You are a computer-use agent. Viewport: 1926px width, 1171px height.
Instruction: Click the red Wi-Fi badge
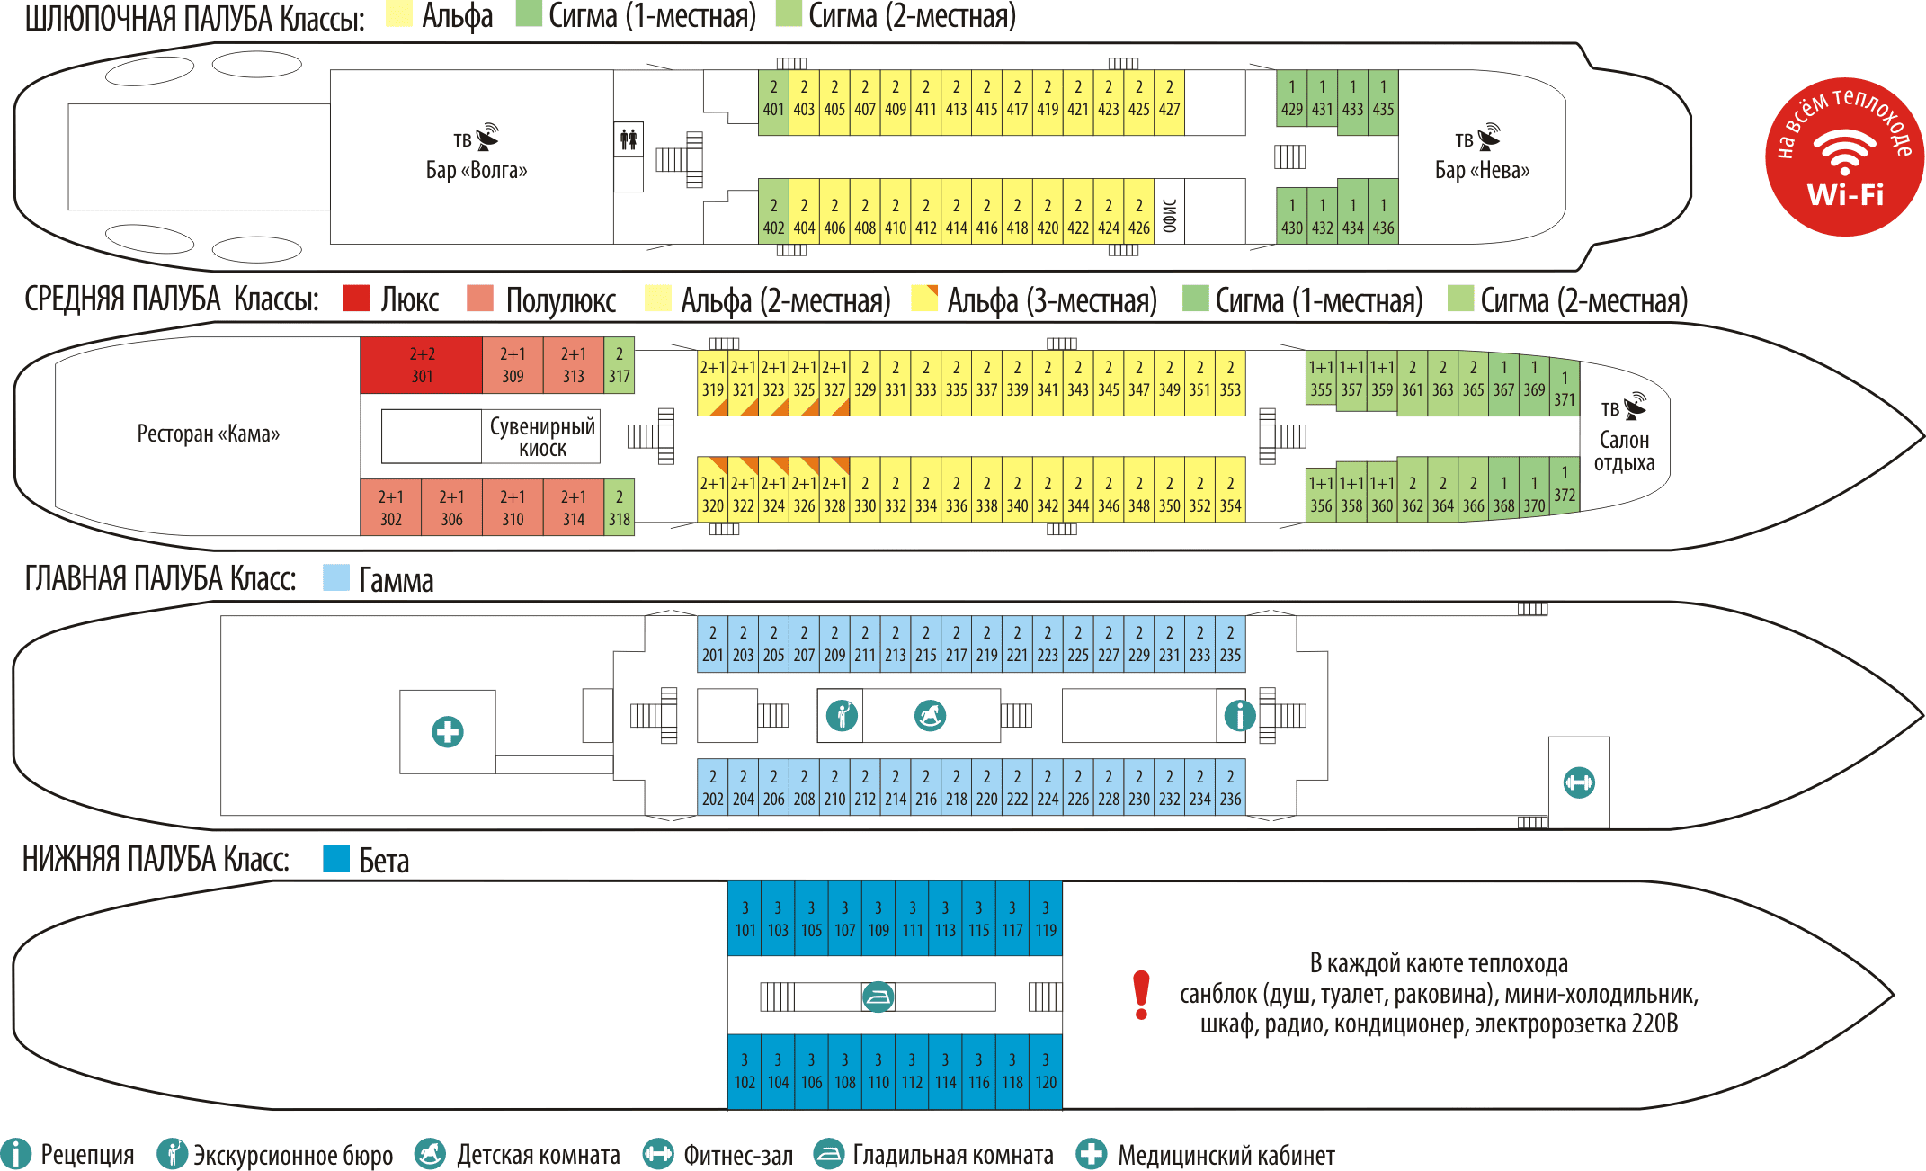(1844, 157)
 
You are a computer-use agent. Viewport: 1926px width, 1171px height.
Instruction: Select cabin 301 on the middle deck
(422, 365)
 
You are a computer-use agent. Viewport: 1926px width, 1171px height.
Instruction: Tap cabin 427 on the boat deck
(1169, 99)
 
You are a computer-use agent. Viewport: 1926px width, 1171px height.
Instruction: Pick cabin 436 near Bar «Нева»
(1383, 217)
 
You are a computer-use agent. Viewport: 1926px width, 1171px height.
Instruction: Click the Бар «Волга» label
(476, 170)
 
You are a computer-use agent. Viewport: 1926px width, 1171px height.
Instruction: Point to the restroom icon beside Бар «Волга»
(629, 139)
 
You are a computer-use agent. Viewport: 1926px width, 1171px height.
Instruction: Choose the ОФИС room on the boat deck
(1169, 216)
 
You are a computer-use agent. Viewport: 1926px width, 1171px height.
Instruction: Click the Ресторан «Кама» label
(208, 434)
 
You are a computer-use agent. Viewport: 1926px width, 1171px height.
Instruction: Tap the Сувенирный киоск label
(541, 437)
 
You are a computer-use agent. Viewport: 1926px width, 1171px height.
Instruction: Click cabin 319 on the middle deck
(712, 380)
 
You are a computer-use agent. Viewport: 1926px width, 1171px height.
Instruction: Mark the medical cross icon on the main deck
(448, 731)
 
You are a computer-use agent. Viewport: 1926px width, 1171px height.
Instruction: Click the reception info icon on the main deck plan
(1239, 715)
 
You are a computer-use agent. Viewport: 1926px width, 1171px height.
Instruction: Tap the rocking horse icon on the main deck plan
(930, 715)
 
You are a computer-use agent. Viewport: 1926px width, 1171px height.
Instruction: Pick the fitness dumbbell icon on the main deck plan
(1578, 782)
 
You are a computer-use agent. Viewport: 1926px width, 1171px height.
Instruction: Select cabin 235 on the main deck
(1230, 644)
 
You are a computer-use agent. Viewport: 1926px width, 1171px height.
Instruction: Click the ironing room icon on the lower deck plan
(878, 997)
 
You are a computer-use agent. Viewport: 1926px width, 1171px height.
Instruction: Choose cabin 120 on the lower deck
(1046, 1071)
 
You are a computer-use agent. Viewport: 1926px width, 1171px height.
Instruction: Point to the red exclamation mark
(1141, 994)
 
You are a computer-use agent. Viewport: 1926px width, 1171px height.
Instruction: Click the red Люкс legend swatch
(357, 299)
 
